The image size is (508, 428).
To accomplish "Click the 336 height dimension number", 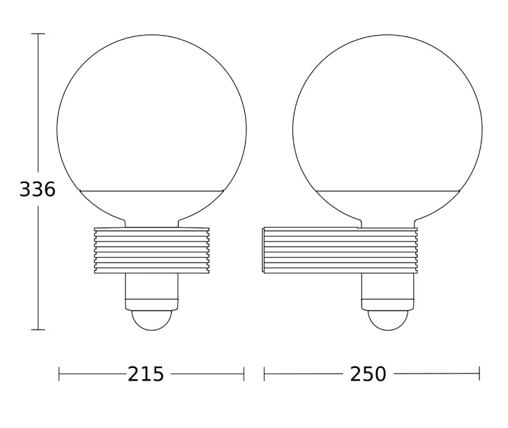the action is coord(38,189).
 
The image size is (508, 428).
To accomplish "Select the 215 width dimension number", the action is coord(146,374).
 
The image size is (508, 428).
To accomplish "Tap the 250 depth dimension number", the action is coord(368,374).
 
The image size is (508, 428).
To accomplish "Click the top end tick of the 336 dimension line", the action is coord(38,34).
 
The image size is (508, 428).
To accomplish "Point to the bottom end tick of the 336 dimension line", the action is coord(38,330).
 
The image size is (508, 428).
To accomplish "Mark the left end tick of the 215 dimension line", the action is coord(59,374).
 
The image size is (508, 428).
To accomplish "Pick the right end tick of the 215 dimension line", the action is coord(244,374).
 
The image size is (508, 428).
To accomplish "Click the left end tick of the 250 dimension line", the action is coord(264,374).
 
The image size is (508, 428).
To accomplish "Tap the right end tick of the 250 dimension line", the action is coord(479,374).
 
